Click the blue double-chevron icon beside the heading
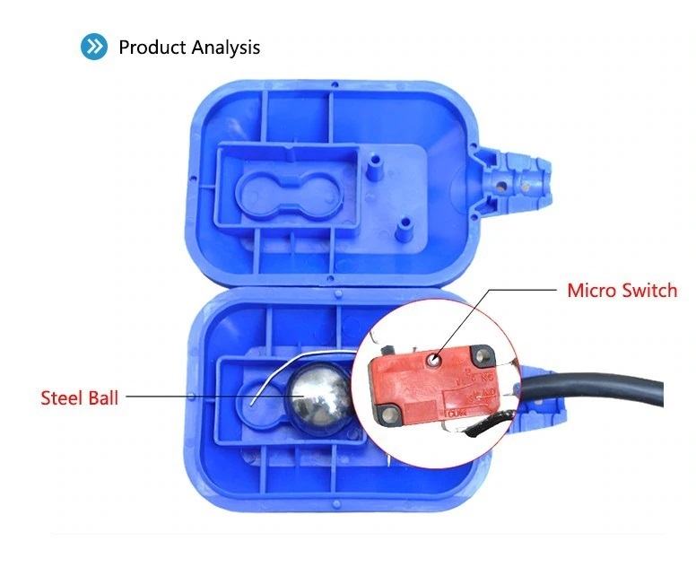click(93, 47)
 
